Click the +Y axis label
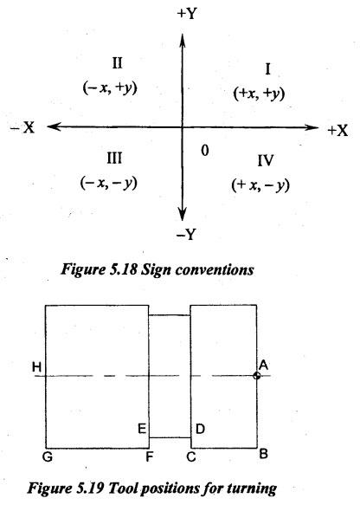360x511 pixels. (187, 13)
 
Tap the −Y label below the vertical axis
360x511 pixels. (187, 234)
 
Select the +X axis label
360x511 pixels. (337, 131)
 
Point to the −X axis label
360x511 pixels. (22, 127)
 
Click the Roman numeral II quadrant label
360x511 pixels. (117, 63)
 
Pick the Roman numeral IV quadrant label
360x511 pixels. (266, 161)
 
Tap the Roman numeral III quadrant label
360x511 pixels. (114, 158)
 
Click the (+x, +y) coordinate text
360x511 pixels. (259, 94)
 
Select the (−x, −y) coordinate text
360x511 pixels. (109, 183)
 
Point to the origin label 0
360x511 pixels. (205, 151)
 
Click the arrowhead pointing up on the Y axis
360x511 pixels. (183, 41)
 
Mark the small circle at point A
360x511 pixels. (257, 376)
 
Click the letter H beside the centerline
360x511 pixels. (37, 367)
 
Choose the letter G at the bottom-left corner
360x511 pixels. (48, 457)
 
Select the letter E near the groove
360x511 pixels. (142, 429)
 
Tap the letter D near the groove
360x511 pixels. (200, 429)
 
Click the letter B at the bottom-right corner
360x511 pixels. (264, 454)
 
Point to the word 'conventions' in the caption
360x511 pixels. (215, 270)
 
